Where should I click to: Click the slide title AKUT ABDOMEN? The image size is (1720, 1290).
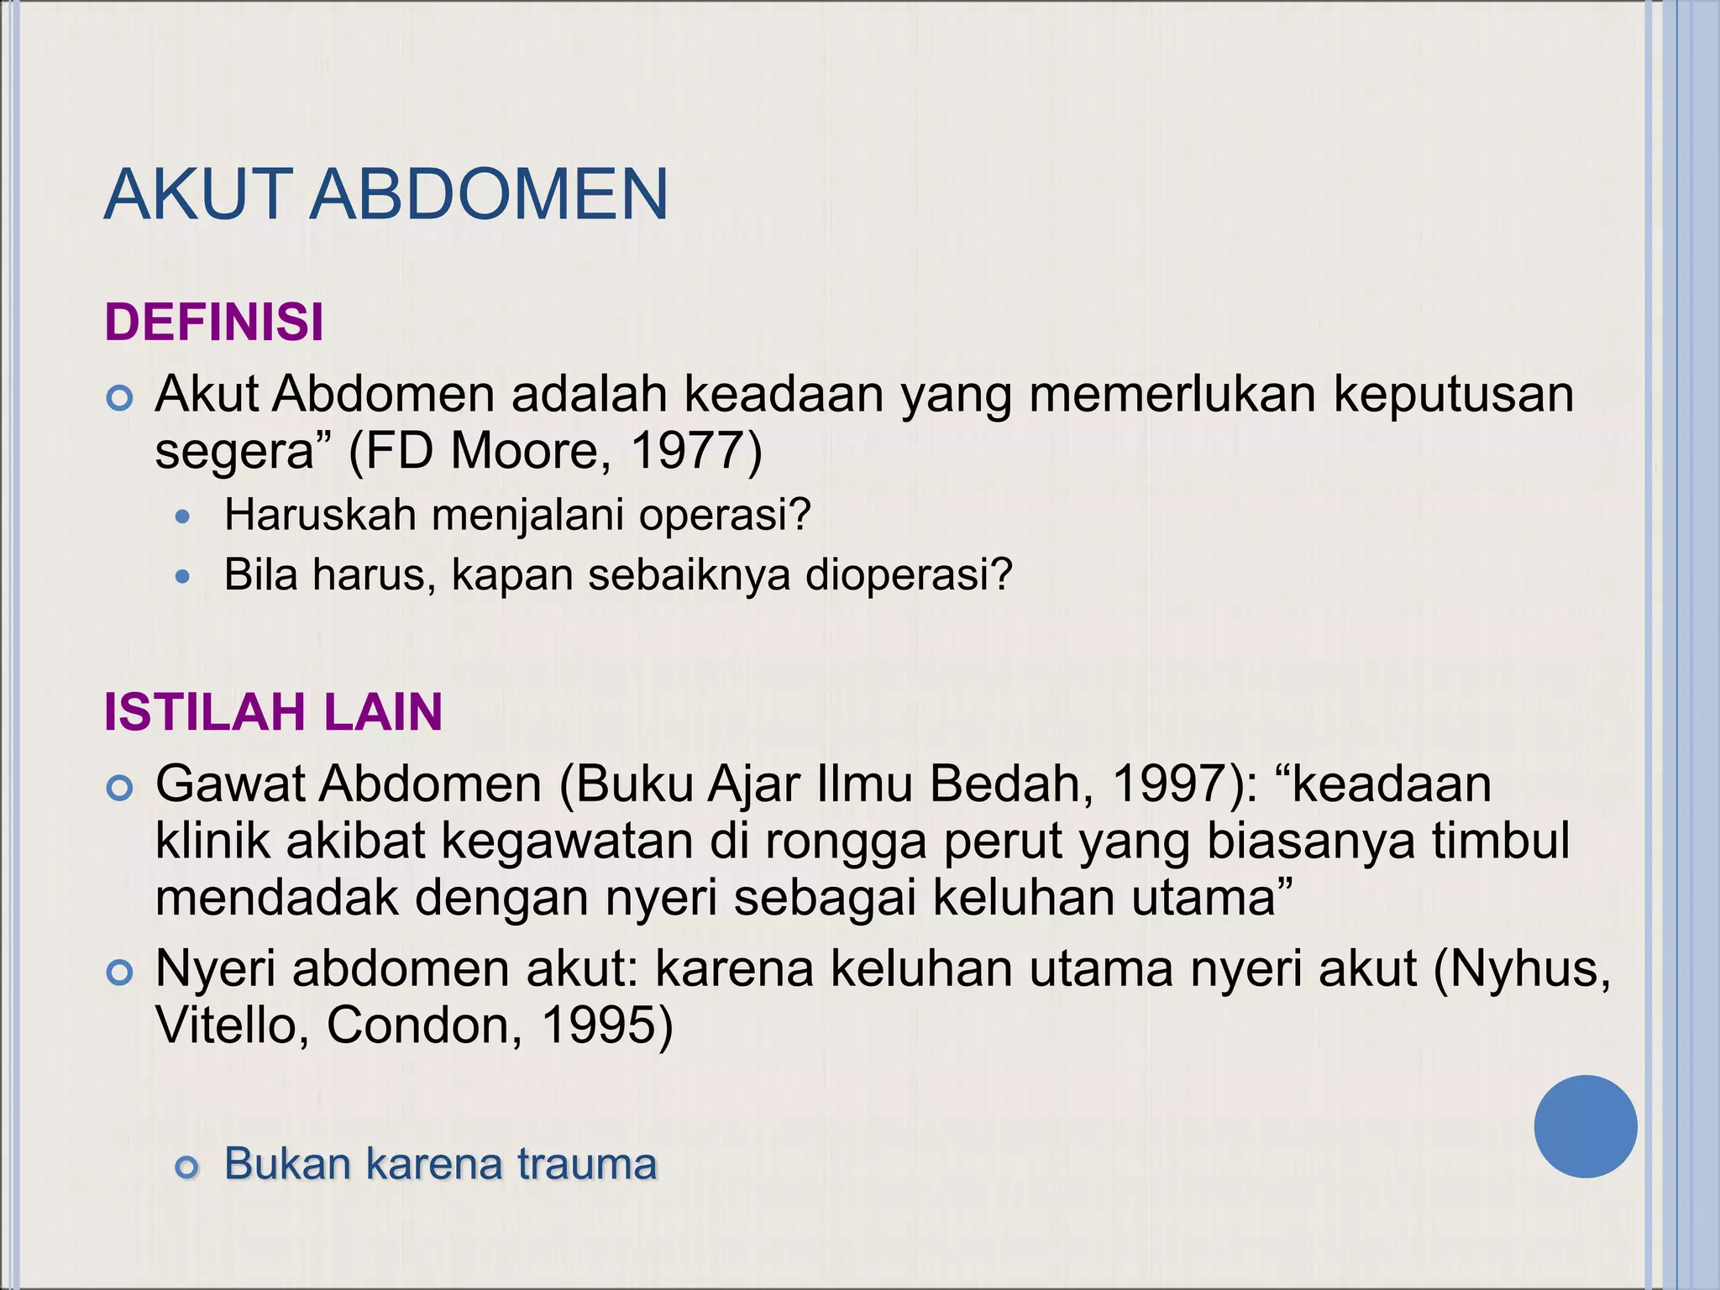coord(385,195)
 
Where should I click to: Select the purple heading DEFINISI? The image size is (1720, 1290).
coord(214,322)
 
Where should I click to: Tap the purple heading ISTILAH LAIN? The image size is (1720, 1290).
coord(273,712)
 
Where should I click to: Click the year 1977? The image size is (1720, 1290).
coord(686,451)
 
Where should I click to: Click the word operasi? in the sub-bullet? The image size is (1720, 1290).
coord(724,515)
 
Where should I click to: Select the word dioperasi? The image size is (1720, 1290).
coord(909,575)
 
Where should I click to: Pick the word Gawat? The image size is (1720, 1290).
coord(230,784)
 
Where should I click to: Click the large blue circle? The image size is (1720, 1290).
coord(1585,1126)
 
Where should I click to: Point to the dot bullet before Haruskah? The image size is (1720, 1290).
coord(184,517)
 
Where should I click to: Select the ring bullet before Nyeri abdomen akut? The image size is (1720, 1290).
coord(120,973)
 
